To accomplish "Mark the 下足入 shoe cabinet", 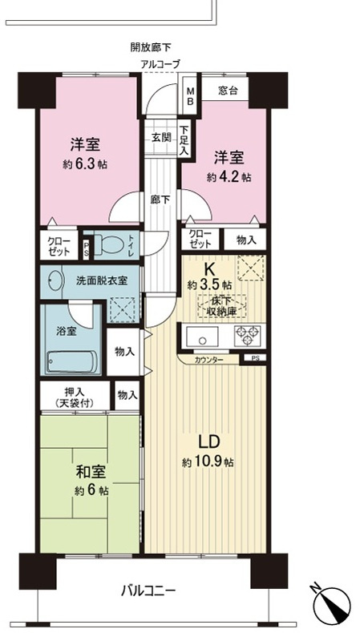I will click(x=184, y=141).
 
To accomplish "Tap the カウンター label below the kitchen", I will click(x=210, y=361).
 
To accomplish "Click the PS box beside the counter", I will click(x=255, y=359).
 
